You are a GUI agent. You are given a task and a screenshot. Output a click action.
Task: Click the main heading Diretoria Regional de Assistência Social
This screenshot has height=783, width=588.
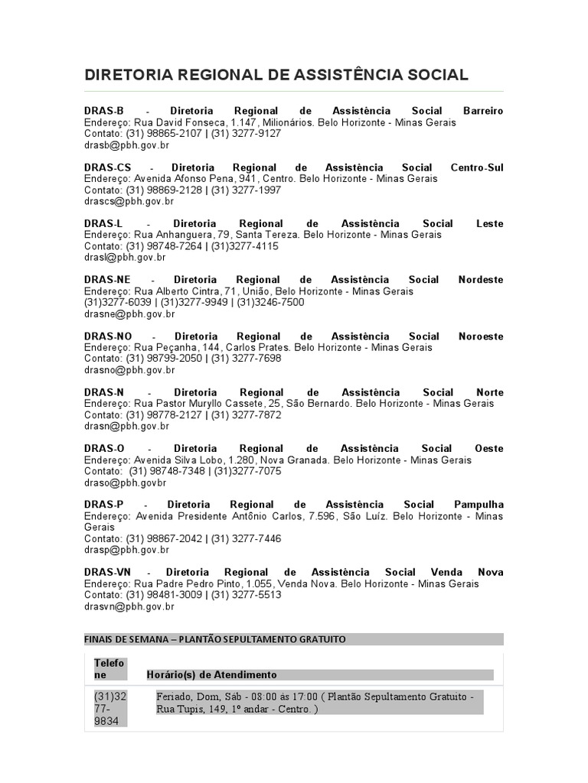276,75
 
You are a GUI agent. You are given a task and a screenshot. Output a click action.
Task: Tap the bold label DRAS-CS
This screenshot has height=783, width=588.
108,167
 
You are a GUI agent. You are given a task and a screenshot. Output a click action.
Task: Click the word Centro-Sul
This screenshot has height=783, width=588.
477,167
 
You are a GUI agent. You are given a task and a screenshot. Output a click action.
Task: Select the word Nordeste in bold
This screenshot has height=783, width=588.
481,280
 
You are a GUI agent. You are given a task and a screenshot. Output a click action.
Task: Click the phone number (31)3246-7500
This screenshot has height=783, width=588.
270,302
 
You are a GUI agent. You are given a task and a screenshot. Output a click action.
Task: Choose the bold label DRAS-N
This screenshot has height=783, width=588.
104,392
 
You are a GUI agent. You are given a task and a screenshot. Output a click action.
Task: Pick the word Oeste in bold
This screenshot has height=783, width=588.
489,449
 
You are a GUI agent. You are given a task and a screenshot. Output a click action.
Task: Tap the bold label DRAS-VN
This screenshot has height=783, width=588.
108,572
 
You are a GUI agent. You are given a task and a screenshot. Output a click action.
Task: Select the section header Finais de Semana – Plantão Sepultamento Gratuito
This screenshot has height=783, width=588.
215,639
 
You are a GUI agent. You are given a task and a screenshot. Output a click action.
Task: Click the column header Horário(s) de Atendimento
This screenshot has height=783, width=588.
212,674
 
